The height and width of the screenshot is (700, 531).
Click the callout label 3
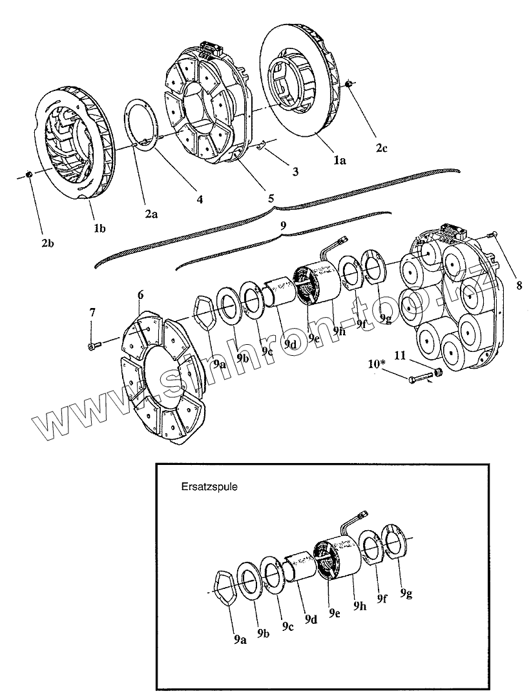point(295,172)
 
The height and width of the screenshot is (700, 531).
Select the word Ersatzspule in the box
point(209,487)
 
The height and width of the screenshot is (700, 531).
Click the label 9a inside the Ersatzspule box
point(240,640)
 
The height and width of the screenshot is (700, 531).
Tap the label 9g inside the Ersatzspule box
point(405,592)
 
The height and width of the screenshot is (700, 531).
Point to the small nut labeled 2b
point(30,174)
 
